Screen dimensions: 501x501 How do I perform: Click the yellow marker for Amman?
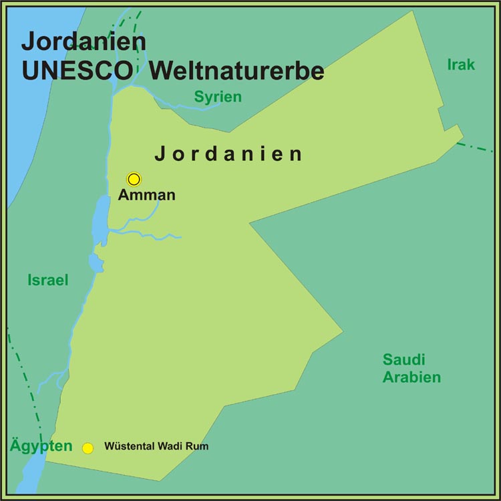tap(134, 179)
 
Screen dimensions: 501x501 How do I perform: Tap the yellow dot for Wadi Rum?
tap(88, 448)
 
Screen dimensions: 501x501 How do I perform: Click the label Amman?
tap(146, 196)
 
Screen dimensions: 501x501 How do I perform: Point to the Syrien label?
tap(218, 98)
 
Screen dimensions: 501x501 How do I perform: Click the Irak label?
tap(461, 65)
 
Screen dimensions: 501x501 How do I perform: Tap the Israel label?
tap(48, 281)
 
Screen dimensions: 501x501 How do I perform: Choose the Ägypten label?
tap(41, 446)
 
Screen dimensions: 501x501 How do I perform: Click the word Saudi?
tap(403, 360)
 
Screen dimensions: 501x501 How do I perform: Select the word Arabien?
tap(411, 377)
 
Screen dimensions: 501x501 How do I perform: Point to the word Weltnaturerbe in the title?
tap(237, 71)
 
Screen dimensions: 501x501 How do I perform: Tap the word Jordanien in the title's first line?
tap(84, 41)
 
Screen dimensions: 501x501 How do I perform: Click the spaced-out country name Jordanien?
tap(228, 154)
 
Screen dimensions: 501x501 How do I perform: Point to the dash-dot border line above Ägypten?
tap(23, 381)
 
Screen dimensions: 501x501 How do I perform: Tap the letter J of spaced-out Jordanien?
tap(160, 155)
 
